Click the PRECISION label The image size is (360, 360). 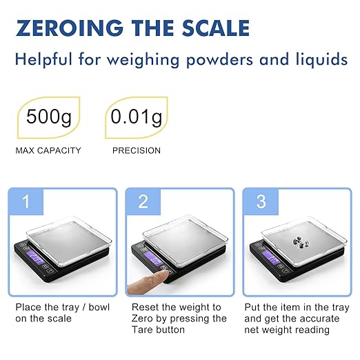[136, 150]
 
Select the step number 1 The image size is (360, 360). [26, 202]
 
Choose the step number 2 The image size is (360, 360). [143, 202]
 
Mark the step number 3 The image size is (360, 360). [261, 202]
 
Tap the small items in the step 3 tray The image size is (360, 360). [298, 242]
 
